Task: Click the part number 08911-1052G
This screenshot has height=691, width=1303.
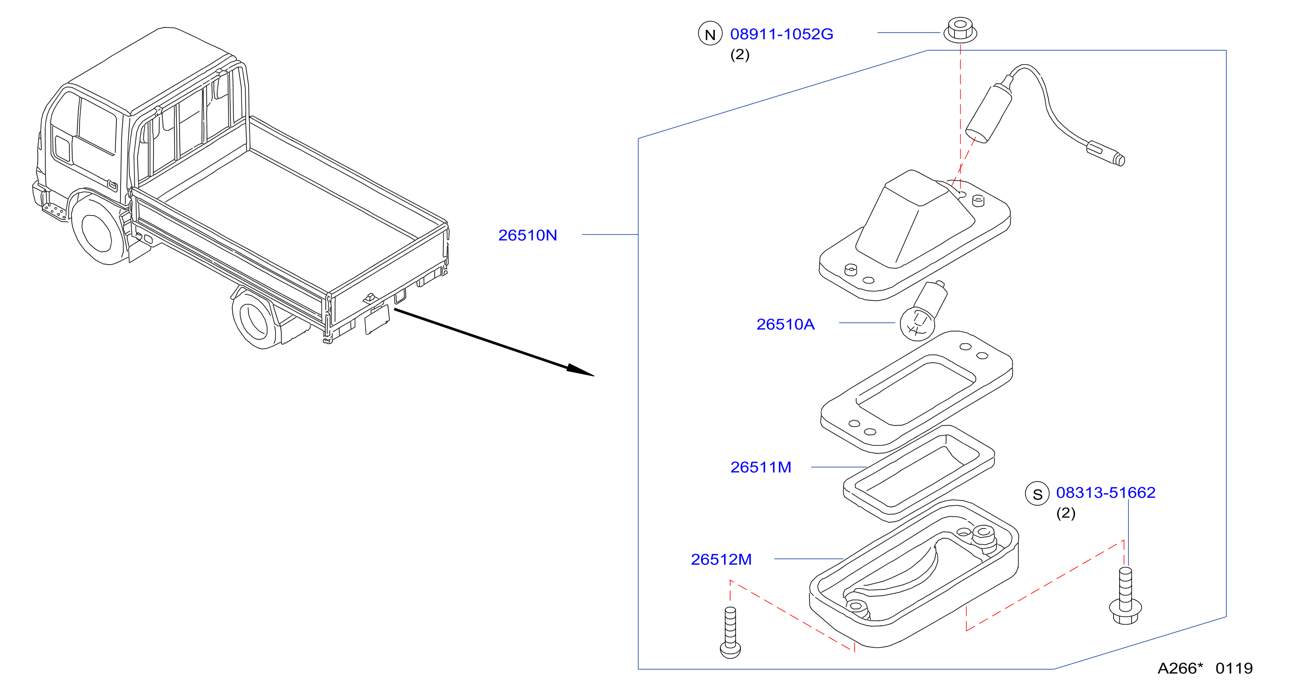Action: [781, 34]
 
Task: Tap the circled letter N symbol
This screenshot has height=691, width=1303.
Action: [710, 34]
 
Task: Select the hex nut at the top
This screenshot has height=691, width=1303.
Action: [960, 30]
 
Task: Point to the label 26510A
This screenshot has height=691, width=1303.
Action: [786, 324]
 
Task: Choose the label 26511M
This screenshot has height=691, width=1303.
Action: [761, 467]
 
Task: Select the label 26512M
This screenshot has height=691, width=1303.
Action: [721, 559]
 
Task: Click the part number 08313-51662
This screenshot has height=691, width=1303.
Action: [1106, 492]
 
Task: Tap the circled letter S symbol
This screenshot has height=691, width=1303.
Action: [1037, 494]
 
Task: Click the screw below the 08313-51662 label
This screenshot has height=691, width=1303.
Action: [1125, 596]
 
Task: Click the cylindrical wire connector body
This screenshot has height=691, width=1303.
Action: [989, 114]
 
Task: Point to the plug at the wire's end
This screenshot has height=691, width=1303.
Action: [1106, 153]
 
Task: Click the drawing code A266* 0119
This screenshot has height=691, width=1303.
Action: [1205, 668]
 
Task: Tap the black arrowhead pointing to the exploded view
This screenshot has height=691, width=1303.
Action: [581, 370]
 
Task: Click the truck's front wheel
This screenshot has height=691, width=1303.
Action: [99, 230]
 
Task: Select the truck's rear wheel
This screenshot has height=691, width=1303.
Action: [256, 319]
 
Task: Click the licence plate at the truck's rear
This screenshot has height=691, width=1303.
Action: [377, 319]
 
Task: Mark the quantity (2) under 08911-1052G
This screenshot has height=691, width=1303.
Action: [739, 54]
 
